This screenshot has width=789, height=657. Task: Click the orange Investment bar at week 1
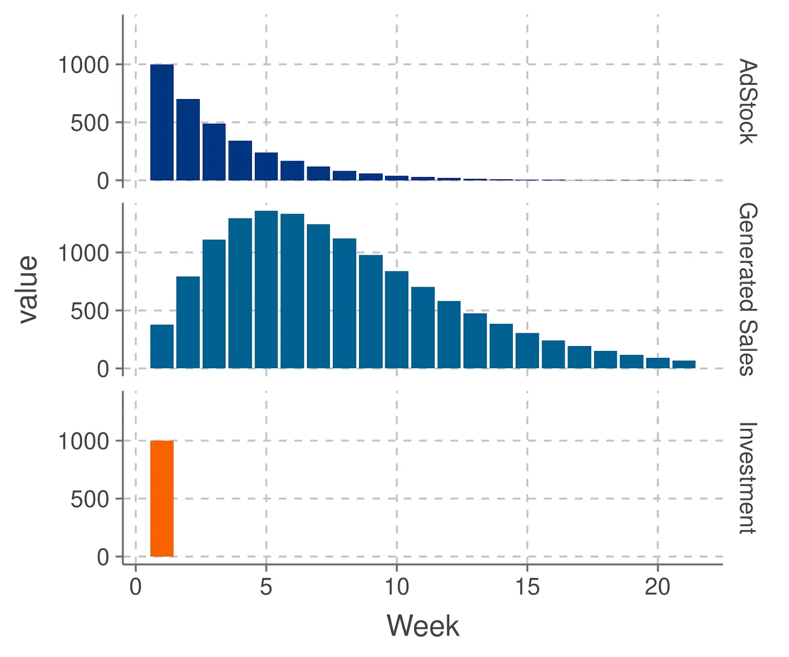pyautogui.click(x=162, y=498)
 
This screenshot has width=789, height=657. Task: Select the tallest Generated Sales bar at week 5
pyautogui.click(x=266, y=290)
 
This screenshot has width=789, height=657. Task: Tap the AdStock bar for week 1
pyautogui.click(x=162, y=122)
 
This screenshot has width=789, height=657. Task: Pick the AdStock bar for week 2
pyautogui.click(x=188, y=140)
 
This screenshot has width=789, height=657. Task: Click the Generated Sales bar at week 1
pyautogui.click(x=162, y=346)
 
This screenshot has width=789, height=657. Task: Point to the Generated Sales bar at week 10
pyautogui.click(x=396, y=320)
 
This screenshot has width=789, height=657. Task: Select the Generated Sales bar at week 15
pyautogui.click(x=527, y=351)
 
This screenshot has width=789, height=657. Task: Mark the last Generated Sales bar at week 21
pyautogui.click(x=684, y=365)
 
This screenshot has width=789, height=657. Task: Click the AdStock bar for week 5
pyautogui.click(x=266, y=167)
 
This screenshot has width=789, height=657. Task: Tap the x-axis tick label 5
pyautogui.click(x=266, y=587)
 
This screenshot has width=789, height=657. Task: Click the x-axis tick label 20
pyautogui.click(x=657, y=587)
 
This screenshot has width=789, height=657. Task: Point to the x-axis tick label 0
pyautogui.click(x=136, y=587)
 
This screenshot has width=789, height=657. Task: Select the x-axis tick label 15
pyautogui.click(x=527, y=587)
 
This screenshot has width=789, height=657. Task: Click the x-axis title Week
pyautogui.click(x=423, y=626)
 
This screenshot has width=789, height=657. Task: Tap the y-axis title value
pyautogui.click(x=28, y=290)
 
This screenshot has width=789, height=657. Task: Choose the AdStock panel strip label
pyautogui.click(x=748, y=102)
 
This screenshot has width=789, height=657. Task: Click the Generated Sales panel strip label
pyautogui.click(x=748, y=289)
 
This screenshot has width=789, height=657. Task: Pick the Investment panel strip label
pyautogui.click(x=748, y=478)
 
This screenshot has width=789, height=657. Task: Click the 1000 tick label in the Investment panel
pyautogui.click(x=83, y=441)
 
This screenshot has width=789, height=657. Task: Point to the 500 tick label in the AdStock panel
pyautogui.click(x=89, y=123)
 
